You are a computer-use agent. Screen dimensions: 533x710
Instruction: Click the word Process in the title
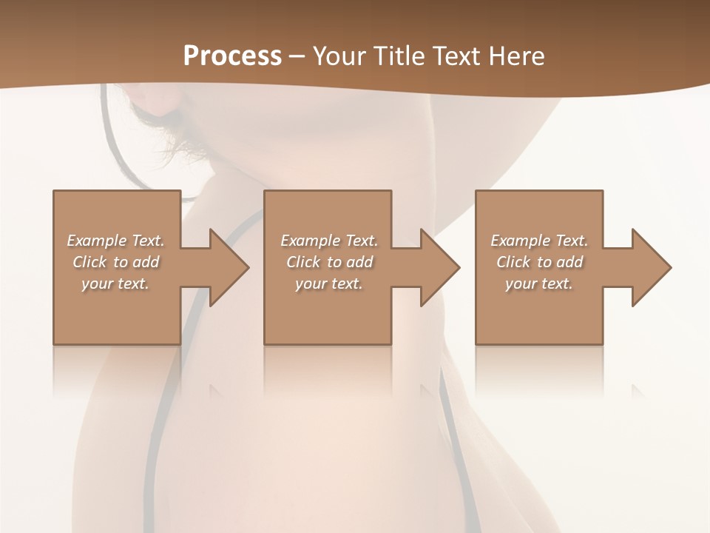(232, 56)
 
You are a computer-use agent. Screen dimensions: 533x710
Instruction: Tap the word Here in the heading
(517, 56)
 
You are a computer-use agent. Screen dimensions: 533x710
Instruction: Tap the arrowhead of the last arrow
(652, 267)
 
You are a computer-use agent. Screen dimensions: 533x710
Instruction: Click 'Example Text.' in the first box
(116, 241)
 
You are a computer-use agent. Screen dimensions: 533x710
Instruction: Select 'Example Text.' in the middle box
(329, 241)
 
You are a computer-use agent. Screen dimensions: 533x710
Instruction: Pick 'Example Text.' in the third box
(539, 241)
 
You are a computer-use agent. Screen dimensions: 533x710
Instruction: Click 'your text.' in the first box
(115, 284)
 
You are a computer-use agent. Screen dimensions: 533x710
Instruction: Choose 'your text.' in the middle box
(329, 284)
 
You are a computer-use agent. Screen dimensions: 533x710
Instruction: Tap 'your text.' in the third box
(539, 284)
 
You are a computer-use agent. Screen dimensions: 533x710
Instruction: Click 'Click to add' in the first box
(116, 262)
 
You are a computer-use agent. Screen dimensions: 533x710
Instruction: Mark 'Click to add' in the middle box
(329, 262)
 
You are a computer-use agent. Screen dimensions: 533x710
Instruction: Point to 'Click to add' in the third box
(539, 262)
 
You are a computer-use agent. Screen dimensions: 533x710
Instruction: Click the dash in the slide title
(297, 57)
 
